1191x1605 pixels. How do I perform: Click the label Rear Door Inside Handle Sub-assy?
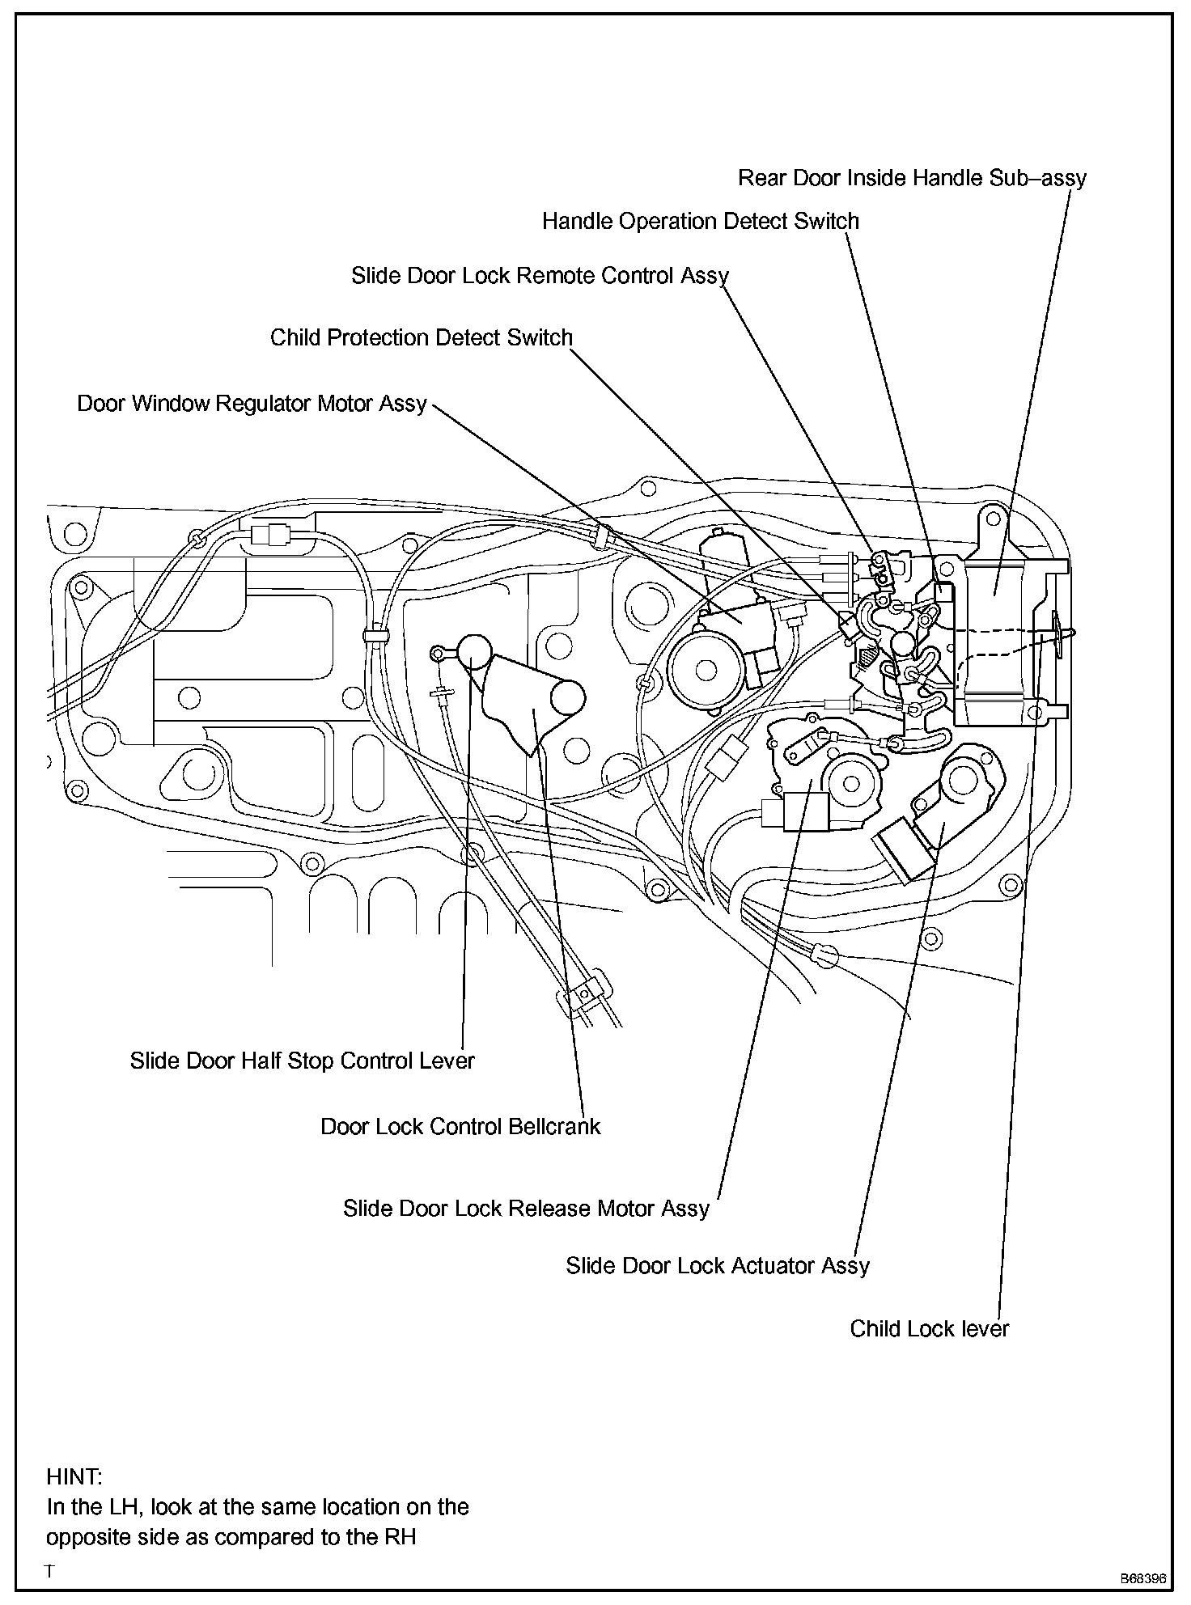[x=912, y=178]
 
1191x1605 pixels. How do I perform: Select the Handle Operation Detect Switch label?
[x=700, y=222]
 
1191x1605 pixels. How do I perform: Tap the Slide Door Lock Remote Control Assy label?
[x=540, y=277]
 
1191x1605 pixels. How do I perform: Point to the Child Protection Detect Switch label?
[x=421, y=338]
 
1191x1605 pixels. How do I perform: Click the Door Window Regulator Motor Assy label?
[x=252, y=404]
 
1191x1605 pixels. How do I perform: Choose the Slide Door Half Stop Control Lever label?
[x=302, y=1061]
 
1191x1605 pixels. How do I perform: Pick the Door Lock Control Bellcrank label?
[x=460, y=1127]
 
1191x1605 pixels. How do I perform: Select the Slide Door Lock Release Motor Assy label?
[x=526, y=1209]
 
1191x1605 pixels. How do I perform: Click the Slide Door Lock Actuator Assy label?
[x=717, y=1266]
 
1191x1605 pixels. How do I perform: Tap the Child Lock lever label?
[x=929, y=1329]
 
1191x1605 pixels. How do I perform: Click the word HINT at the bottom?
[x=74, y=1477]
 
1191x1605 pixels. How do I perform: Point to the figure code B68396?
[x=1142, y=1578]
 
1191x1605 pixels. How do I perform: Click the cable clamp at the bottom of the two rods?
[x=583, y=993]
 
